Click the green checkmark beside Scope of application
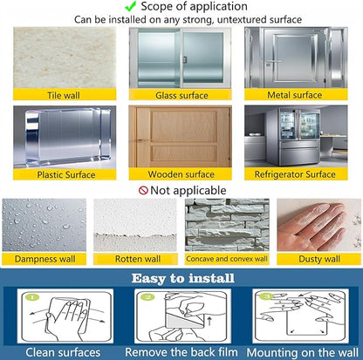click(x=130, y=6)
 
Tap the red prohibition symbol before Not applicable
click(x=143, y=190)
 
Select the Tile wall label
click(x=64, y=95)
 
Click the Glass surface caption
click(x=181, y=95)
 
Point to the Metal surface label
click(x=294, y=95)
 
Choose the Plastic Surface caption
click(x=66, y=174)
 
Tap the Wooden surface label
click(x=181, y=174)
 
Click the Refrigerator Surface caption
click(x=295, y=174)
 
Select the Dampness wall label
click(x=45, y=259)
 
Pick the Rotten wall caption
click(x=138, y=259)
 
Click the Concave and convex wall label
click(x=227, y=259)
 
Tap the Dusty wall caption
click(x=319, y=259)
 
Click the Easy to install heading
click(x=182, y=278)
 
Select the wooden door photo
click(x=181, y=136)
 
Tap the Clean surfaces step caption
click(x=63, y=352)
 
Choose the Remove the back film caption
click(x=181, y=352)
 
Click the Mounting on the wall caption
click(x=302, y=353)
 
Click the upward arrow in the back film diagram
click(x=209, y=321)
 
